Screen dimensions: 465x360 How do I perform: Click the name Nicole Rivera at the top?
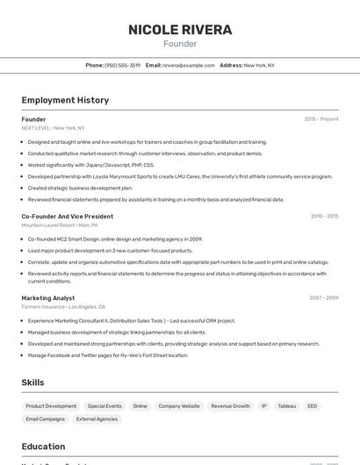click(180, 30)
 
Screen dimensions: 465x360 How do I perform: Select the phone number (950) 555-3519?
click(122, 65)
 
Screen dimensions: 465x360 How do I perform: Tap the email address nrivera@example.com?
click(189, 65)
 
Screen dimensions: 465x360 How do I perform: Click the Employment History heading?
click(65, 100)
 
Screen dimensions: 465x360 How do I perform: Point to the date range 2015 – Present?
click(321, 119)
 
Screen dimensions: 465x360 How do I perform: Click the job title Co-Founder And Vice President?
click(68, 216)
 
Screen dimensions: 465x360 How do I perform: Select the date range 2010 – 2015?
click(324, 216)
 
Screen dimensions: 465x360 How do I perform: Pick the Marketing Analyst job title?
click(48, 298)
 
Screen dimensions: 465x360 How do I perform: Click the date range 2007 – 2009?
click(324, 298)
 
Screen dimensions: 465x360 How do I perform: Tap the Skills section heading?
click(33, 383)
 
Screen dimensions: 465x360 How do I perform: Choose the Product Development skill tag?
click(51, 406)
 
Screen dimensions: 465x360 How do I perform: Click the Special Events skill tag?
click(104, 406)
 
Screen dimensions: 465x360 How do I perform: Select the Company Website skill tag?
click(179, 406)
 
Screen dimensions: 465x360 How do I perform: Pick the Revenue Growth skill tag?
click(230, 406)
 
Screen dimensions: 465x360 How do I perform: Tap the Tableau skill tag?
click(287, 406)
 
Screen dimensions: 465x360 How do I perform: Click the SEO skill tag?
click(312, 406)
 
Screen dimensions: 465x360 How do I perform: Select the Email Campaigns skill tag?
click(46, 419)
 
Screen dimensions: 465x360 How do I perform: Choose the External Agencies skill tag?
click(97, 419)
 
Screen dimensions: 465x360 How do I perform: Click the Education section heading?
click(43, 447)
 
